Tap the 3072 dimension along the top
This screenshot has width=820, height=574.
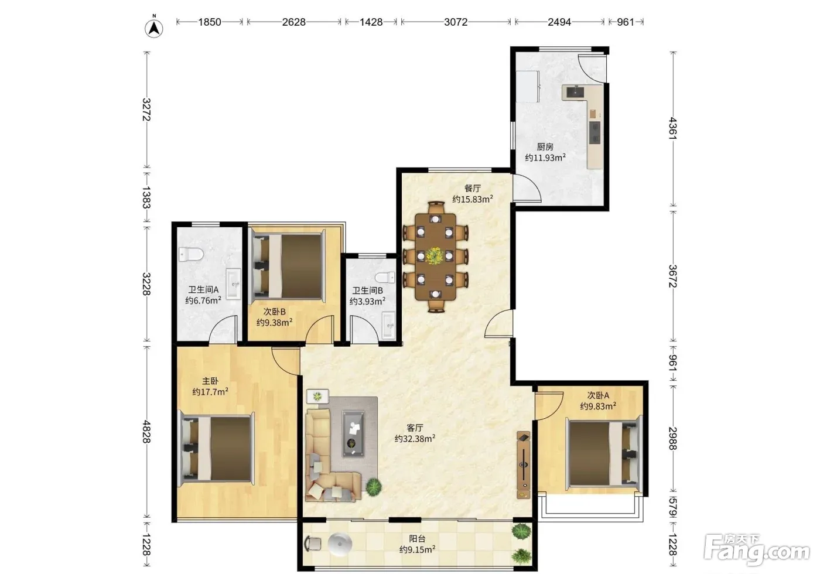coord(456,22)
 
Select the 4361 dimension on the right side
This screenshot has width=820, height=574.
coord(673,128)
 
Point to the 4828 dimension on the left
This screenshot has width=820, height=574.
coord(146,432)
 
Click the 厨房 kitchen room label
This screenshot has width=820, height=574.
coord(545,147)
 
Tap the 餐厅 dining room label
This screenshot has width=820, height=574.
coord(472,188)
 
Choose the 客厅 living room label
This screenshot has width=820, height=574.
coord(415,428)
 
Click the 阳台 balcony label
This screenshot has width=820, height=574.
coord(417,538)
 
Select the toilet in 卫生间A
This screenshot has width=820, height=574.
coord(191,254)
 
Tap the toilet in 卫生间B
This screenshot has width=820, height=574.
coord(385,278)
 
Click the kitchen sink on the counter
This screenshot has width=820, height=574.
coord(575,91)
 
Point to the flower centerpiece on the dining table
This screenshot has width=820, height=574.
coord(435,256)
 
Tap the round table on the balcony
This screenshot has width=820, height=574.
coord(340,544)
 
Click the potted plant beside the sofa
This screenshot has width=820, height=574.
coord(374,487)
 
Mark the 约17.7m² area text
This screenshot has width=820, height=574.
coord(210,392)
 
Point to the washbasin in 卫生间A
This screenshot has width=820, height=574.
coord(233,284)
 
